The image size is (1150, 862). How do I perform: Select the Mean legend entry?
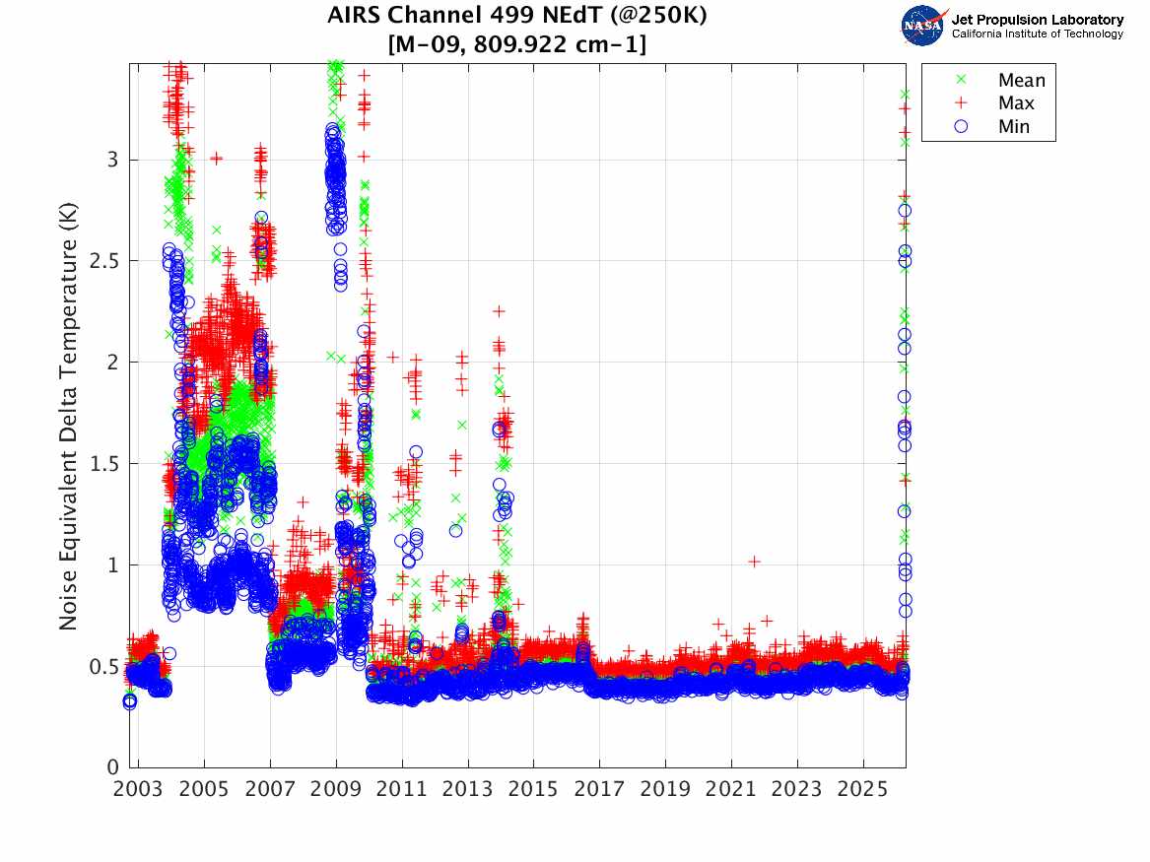[1021, 81]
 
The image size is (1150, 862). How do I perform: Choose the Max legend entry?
[1016, 103]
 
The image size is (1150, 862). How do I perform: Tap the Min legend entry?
[1014, 126]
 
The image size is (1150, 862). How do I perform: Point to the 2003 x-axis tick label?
[138, 789]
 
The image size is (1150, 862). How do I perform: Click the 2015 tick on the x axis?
[533, 789]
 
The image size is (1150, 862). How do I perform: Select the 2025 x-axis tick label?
[863, 789]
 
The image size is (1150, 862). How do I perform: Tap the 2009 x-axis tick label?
[336, 789]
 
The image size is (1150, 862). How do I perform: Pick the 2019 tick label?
[665, 789]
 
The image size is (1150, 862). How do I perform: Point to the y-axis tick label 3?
[114, 160]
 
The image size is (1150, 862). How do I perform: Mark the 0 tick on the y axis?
[114, 767]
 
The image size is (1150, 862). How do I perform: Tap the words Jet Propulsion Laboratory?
[1037, 20]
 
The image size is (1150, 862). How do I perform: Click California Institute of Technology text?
[1037, 33]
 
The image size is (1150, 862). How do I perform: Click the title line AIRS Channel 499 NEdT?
[517, 16]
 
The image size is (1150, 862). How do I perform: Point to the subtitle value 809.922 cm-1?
[563, 44]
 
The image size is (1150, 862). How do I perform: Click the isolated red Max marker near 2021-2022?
[754, 562]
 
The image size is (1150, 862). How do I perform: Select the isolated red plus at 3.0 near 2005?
[216, 158]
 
